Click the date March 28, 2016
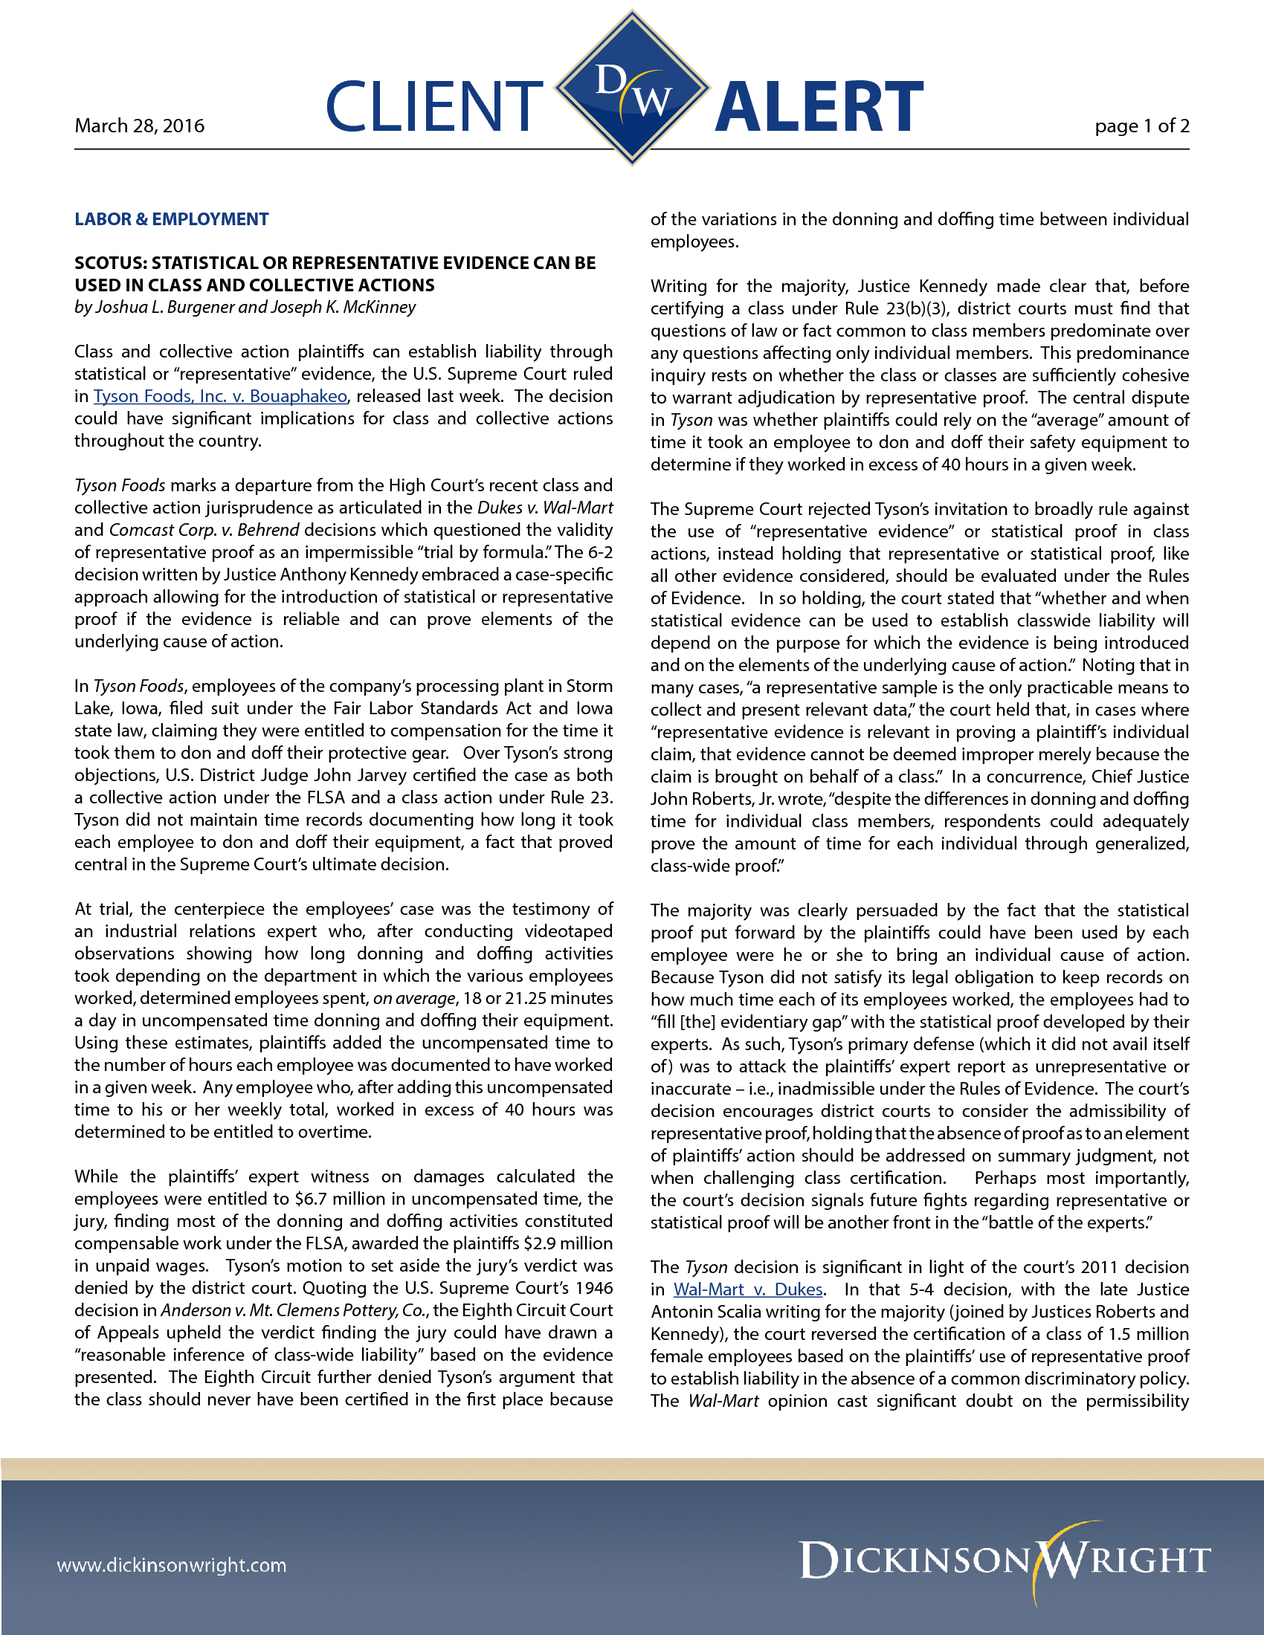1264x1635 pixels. point(139,126)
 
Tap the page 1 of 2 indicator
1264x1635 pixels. point(1141,126)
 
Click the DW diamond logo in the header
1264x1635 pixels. point(632,88)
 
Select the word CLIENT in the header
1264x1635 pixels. point(434,106)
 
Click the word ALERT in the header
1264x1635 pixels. point(819,106)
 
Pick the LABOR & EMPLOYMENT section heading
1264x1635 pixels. point(172,219)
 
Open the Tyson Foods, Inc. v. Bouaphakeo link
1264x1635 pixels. point(220,396)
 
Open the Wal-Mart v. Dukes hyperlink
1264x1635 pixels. point(748,1289)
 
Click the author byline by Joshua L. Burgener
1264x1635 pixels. point(244,307)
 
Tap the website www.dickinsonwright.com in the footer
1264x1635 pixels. point(172,1565)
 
